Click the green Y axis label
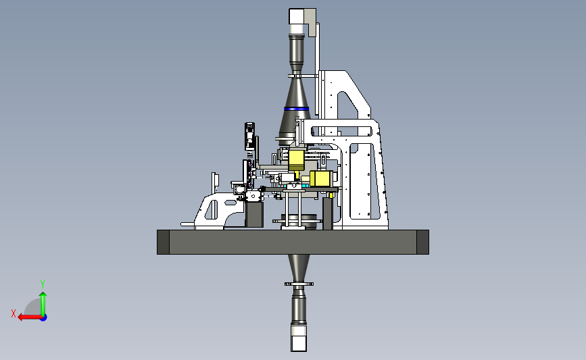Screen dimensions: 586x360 [x=43, y=284]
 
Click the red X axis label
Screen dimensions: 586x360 [x=14, y=313]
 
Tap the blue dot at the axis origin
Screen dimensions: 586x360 [x=44, y=318]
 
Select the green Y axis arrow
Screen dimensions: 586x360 [x=43, y=304]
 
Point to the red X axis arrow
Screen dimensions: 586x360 [x=30, y=317]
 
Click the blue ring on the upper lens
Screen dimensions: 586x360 [x=296, y=109]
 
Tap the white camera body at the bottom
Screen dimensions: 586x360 [x=299, y=338]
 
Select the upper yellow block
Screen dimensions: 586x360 [x=296, y=159]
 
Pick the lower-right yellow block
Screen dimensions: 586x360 [x=321, y=178]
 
